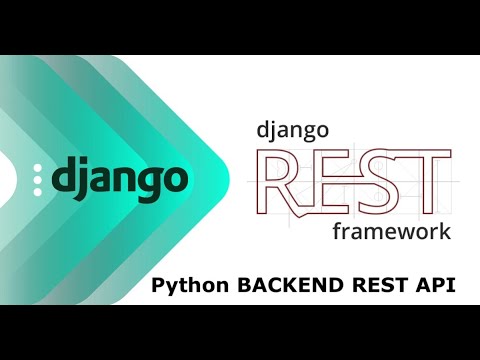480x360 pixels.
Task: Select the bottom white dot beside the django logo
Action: (38, 190)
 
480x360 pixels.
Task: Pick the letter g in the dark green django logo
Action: (149, 184)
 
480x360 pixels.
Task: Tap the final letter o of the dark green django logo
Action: (175, 181)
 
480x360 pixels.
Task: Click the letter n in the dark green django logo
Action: (124, 181)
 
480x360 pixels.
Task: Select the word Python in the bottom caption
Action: (189, 286)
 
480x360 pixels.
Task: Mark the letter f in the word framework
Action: (334, 230)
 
